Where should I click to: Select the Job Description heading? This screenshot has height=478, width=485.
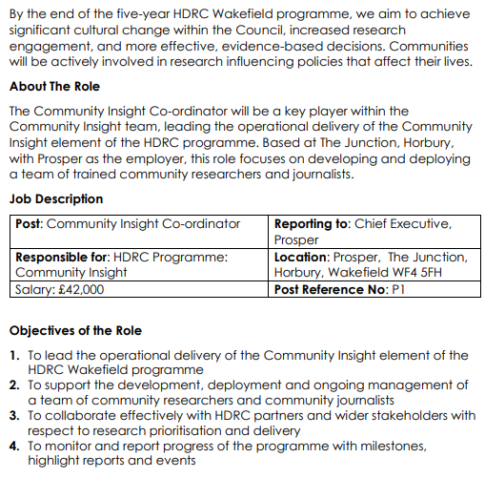click(56, 199)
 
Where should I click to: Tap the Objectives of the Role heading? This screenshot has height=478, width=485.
click(75, 331)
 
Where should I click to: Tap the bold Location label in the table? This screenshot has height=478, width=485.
click(300, 257)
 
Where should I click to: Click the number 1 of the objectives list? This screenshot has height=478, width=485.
click(14, 356)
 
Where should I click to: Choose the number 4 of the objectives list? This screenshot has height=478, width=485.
click(14, 446)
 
